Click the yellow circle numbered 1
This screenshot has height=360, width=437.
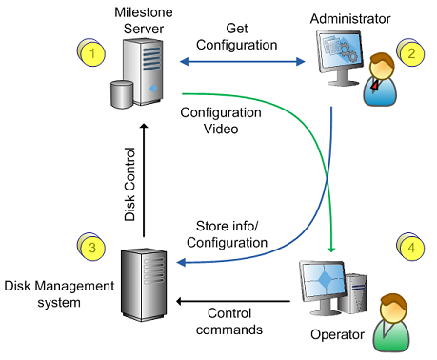(x=92, y=53)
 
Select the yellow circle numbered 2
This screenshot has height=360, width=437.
(x=411, y=53)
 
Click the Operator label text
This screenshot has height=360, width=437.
(x=337, y=334)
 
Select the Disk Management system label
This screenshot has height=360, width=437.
(x=59, y=293)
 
